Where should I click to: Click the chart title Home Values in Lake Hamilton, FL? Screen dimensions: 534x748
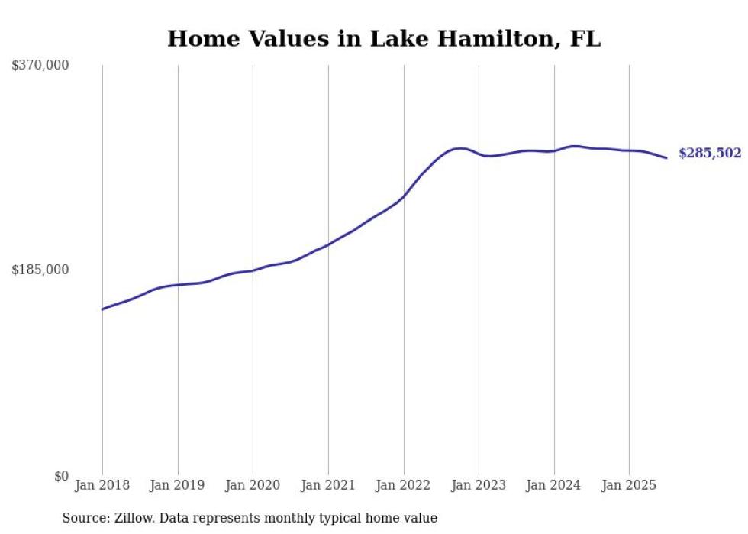(x=384, y=39)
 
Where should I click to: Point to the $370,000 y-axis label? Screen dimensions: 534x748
(x=40, y=66)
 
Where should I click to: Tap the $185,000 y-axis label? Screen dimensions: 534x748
(x=40, y=270)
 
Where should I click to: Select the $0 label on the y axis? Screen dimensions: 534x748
(x=61, y=476)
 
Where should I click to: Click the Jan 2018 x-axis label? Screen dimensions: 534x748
(x=102, y=485)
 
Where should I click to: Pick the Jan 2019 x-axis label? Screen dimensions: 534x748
(x=178, y=485)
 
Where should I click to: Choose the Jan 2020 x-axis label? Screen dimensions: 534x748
(x=253, y=485)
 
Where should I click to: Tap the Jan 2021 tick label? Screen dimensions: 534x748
(x=328, y=485)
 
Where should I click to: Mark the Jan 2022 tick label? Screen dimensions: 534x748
(x=404, y=485)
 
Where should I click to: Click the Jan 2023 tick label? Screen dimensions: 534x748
(x=479, y=485)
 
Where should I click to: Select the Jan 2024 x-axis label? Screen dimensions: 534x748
(x=554, y=485)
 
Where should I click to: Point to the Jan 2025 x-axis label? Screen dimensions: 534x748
(x=629, y=485)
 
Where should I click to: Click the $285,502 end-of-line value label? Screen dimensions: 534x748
(x=710, y=154)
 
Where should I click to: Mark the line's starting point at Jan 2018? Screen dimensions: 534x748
(x=102, y=309)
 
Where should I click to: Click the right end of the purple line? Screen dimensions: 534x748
(x=666, y=158)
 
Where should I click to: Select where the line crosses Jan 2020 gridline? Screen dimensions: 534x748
(x=253, y=270)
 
